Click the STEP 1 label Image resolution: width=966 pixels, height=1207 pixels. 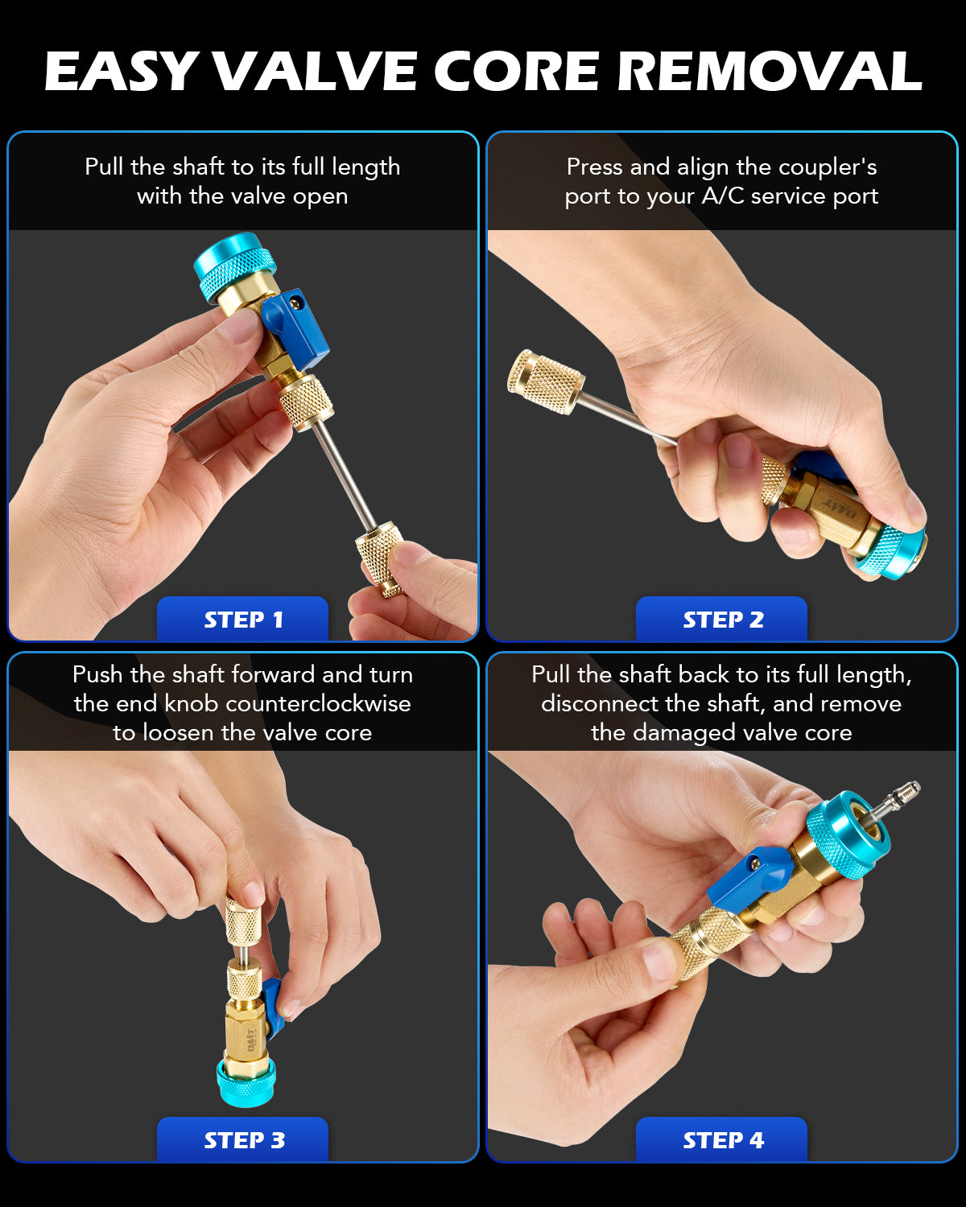point(243,620)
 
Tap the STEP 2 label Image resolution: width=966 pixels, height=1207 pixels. point(723,620)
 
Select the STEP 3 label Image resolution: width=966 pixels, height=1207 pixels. point(244,1140)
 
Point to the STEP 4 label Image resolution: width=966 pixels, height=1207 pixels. point(723,1140)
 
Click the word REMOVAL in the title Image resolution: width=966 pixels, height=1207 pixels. point(770,72)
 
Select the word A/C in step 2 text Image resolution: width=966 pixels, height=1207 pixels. point(723,196)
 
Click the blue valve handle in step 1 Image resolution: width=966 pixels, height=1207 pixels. point(295,328)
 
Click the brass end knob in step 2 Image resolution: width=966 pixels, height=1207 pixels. point(545,381)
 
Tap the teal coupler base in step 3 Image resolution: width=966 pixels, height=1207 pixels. point(246,1082)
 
